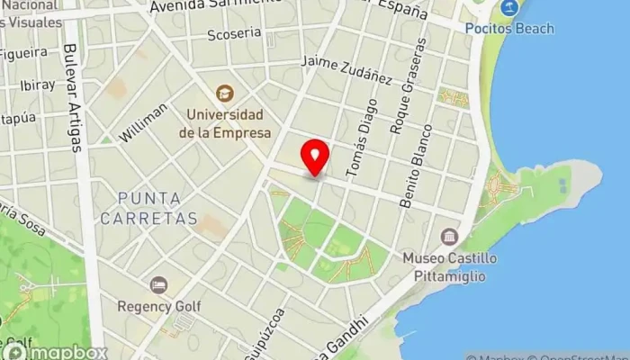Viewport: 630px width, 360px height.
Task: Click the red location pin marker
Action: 315,157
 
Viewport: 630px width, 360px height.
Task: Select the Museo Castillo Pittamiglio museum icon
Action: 447,238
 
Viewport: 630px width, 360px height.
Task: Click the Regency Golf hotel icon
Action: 159,285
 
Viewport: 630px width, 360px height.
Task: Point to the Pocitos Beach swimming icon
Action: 509,8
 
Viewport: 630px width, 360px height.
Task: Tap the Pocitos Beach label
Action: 509,28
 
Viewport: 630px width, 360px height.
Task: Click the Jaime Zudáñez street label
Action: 347,71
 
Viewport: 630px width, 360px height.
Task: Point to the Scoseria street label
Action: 233,33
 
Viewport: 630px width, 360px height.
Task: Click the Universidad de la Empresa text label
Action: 224,124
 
